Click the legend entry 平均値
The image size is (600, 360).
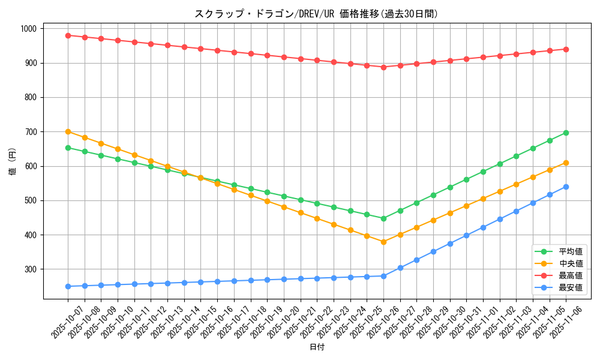570,251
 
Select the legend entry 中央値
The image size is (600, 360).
570,263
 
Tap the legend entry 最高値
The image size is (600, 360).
570,275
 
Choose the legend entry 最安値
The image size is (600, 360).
570,287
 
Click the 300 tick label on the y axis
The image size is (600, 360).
31,269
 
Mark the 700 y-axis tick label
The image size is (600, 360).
31,132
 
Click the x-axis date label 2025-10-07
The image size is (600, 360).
58,323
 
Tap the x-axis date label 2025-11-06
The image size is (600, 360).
556,323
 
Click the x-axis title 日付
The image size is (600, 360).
316,347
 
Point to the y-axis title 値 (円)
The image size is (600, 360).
13,162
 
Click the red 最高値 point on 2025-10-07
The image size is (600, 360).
68,35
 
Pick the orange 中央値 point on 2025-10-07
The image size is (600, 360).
68,131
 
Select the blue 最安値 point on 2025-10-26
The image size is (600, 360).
383,276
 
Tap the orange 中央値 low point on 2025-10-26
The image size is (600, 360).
383,242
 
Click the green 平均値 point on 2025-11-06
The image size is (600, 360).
566,133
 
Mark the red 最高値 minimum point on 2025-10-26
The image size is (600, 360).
383,67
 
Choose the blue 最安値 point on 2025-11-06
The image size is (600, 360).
566,187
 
